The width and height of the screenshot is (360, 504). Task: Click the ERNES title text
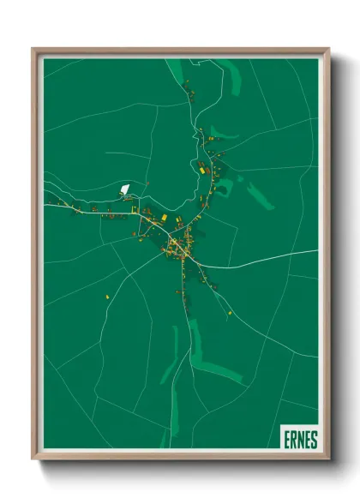299,440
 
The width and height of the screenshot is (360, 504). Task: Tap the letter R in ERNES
292,440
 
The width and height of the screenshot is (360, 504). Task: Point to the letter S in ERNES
314,440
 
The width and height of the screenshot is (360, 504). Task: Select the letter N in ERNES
299,440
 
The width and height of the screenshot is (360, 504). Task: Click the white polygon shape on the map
126,189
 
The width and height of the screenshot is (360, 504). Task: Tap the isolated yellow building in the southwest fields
108,297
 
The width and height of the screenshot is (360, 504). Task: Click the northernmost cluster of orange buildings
188,89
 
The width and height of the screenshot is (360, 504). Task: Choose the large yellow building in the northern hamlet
203,170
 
